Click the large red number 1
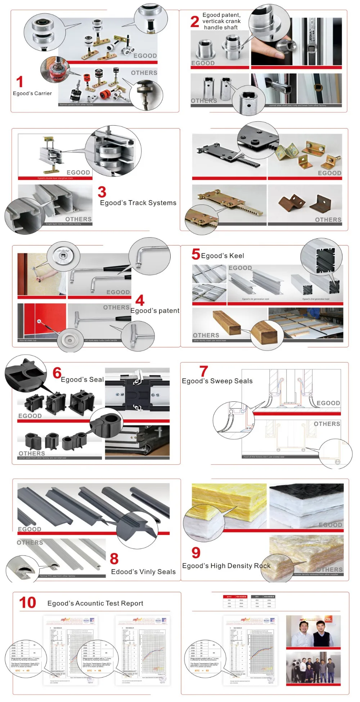click(x=20, y=82)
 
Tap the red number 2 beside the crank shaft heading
click(x=195, y=22)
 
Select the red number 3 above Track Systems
click(x=102, y=192)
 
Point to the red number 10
click(x=28, y=603)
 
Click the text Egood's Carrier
click(x=32, y=94)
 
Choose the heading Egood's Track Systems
click(x=138, y=203)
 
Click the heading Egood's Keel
click(x=222, y=256)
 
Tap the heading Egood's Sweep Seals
click(x=217, y=381)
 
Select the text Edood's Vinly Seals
click(x=143, y=572)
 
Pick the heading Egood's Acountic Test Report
click(x=95, y=603)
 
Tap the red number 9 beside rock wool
click(x=196, y=553)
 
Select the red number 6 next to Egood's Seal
click(x=57, y=373)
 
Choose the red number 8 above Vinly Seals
click(x=114, y=559)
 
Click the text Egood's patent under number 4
click(x=155, y=311)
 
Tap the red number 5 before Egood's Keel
click(x=195, y=254)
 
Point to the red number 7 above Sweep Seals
click(x=204, y=371)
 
